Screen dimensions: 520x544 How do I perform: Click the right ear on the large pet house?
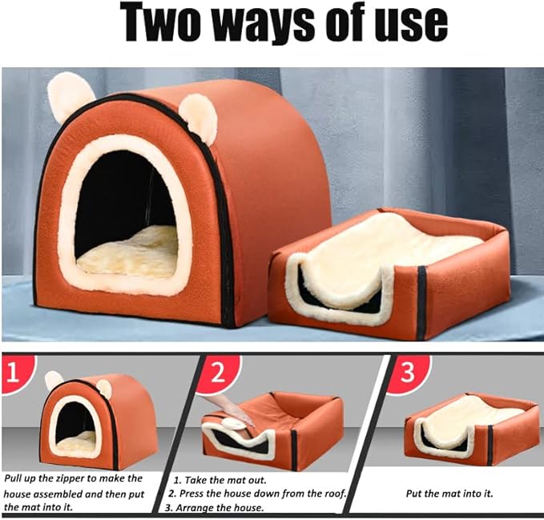[x=198, y=118]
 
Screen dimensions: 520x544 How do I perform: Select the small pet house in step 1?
[x=80, y=421]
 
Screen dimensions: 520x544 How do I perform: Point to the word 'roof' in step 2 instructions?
[x=331, y=494]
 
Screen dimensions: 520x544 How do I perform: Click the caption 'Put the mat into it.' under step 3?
[x=449, y=493]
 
